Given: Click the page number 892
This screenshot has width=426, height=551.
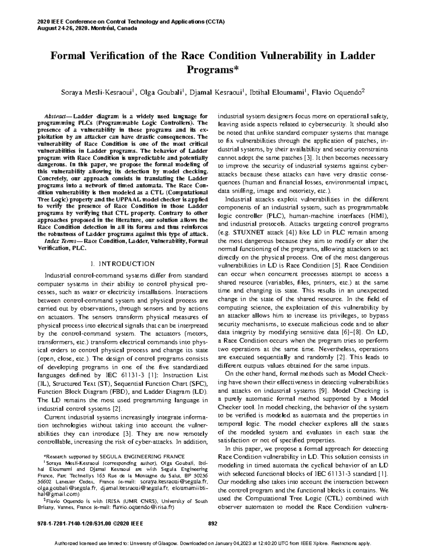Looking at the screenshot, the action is [212, 523].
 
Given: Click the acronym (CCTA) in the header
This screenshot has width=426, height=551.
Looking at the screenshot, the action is [214, 22].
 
